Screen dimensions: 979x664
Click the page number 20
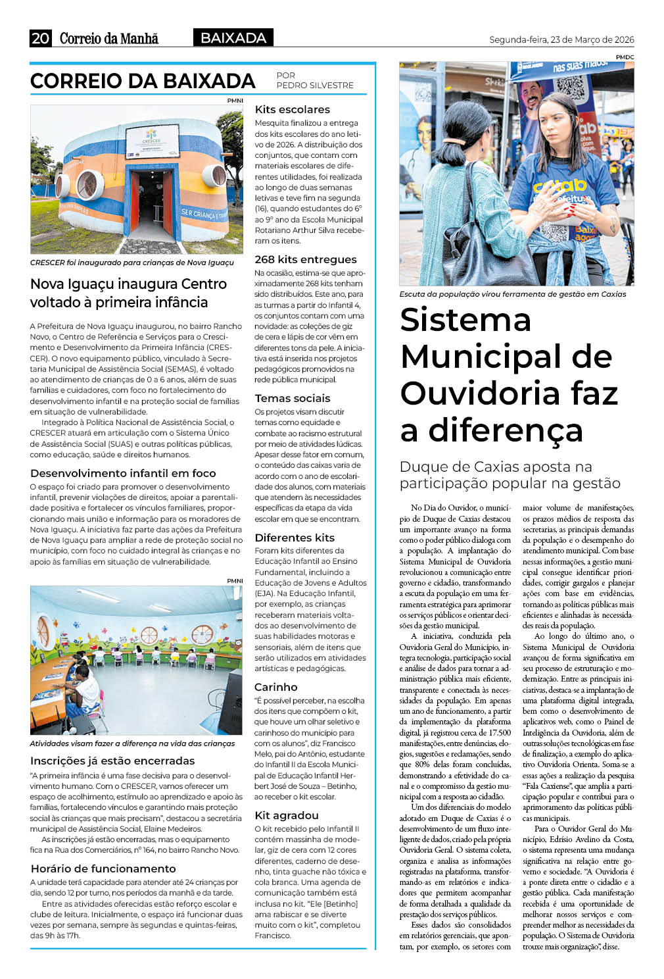click(x=40, y=38)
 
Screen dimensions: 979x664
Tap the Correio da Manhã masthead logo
click(x=109, y=38)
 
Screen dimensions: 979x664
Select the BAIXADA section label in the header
click(x=233, y=38)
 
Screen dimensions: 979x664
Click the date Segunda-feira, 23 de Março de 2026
click(x=561, y=39)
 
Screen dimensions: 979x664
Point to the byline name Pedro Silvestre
click(x=315, y=86)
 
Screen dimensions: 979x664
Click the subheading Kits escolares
click(x=293, y=109)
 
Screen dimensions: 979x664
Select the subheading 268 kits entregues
click(x=306, y=259)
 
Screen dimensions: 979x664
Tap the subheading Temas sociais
click(x=293, y=398)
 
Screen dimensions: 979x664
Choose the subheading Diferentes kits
click(x=295, y=538)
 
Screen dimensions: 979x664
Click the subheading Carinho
click(x=276, y=687)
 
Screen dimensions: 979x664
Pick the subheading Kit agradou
click(x=287, y=815)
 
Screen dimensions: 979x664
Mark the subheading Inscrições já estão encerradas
click(x=112, y=761)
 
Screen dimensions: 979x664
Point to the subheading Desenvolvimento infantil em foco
click(x=123, y=473)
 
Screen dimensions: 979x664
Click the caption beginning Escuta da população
click(x=513, y=294)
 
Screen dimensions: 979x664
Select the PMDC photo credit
click(x=625, y=57)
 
